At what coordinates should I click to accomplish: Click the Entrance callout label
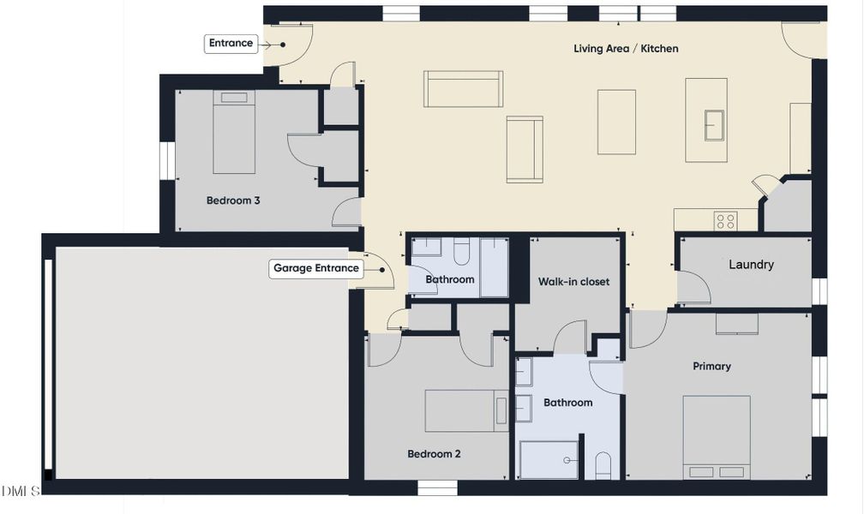point(231,44)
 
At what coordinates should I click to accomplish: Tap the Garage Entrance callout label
point(315,268)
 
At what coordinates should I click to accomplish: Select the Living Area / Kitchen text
point(626,49)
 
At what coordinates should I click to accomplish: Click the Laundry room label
point(751,265)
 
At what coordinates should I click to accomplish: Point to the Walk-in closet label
point(573,282)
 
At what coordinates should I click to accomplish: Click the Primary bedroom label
point(711,367)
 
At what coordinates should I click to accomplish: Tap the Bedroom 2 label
point(434,454)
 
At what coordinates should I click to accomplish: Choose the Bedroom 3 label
point(233,201)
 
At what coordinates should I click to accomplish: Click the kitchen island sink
point(714,124)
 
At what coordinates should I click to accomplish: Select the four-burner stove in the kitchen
point(725,221)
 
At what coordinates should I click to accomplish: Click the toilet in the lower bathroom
point(603,465)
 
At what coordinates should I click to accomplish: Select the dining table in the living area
point(616,122)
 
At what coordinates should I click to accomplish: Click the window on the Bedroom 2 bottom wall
point(437,487)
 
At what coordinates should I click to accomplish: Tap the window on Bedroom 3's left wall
point(167,160)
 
